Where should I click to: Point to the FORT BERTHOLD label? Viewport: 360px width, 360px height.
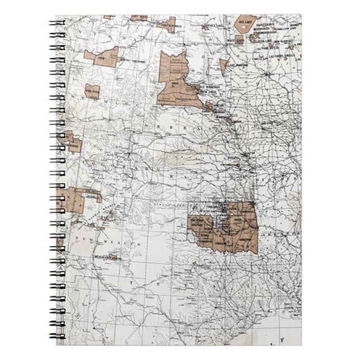pos(168,25)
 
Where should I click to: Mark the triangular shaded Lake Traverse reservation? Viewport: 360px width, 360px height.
pos(223,65)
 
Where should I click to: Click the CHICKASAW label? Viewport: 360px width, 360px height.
pos(224,242)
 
